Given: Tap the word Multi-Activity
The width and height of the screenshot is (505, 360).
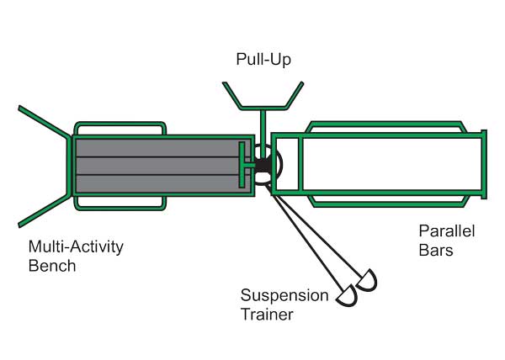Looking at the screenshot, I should coord(76,247).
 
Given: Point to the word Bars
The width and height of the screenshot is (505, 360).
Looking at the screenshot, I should coord(437,250).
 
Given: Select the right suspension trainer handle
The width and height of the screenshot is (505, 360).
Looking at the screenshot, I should coord(367,281).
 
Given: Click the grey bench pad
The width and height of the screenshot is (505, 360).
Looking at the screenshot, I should coord(160,165).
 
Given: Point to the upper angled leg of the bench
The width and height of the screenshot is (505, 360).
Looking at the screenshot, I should coord(42,121).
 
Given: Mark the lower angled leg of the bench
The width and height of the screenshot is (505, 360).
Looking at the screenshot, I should coord(42,209).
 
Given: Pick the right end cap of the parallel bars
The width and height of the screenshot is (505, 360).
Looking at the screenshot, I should coord(484,164).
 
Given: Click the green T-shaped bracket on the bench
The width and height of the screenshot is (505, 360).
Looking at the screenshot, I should coord(242,165).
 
